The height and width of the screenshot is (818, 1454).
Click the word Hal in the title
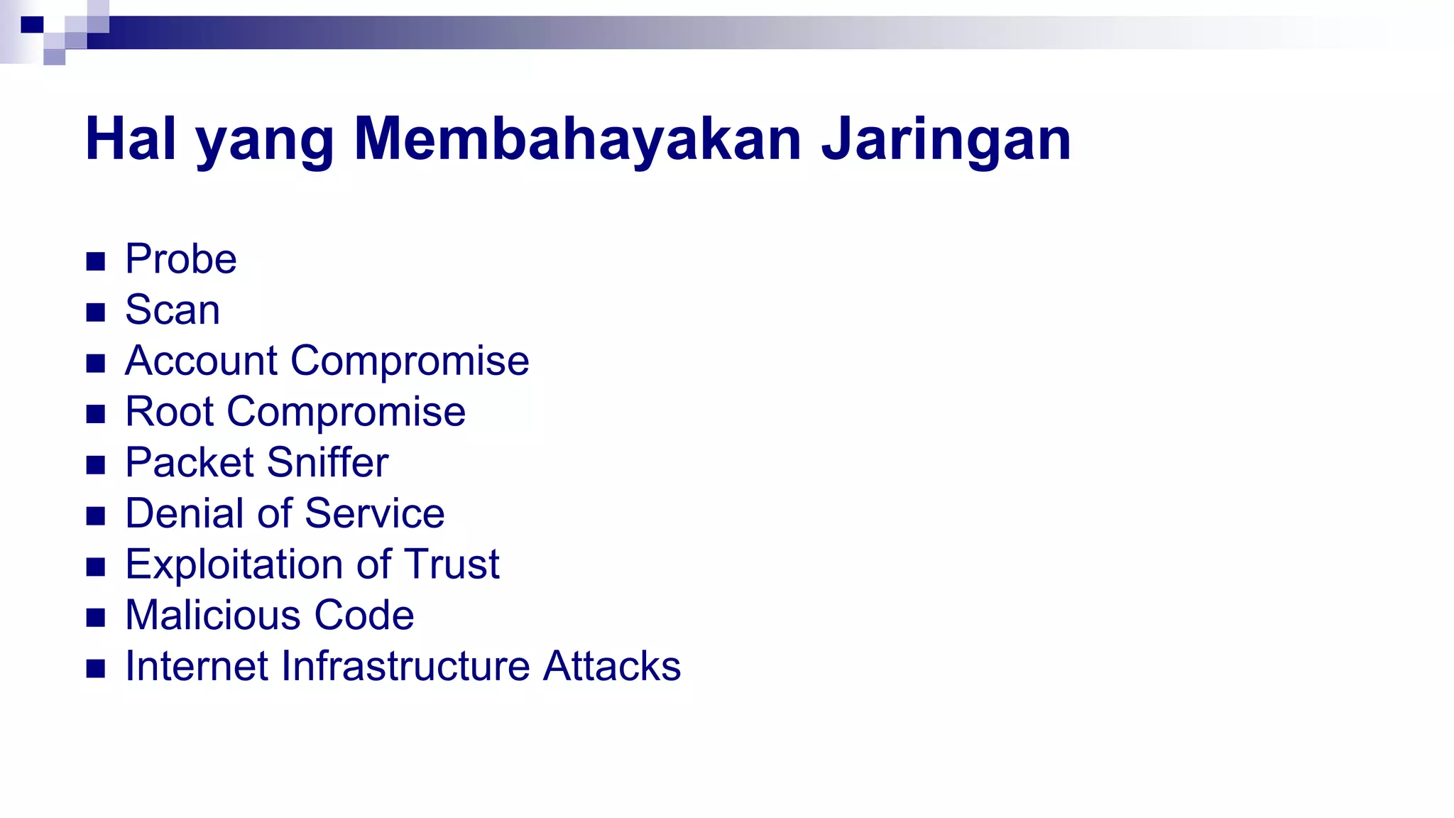click(130, 138)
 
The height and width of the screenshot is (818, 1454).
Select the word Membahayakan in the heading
click(577, 138)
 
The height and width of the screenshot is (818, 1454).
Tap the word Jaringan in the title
click(946, 138)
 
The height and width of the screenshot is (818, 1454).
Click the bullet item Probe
click(180, 259)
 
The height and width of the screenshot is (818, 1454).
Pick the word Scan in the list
click(173, 310)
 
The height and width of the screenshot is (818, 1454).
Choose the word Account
click(201, 361)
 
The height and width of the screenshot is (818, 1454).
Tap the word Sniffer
click(327, 463)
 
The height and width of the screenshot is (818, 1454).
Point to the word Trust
click(452, 565)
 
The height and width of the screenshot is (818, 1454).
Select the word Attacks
click(611, 667)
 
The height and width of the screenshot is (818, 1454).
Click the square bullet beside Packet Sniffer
click(96, 465)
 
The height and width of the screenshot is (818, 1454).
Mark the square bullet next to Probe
click(96, 261)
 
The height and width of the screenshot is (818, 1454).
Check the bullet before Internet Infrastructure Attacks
click(96, 669)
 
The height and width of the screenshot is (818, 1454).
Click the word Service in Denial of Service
click(374, 513)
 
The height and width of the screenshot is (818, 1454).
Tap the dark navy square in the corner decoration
click(32, 25)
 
